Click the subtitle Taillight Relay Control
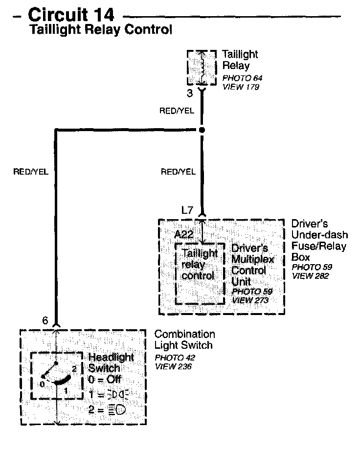tap(101, 30)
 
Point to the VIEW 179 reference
tap(240, 87)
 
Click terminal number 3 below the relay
tap(190, 92)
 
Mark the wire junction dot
tap(202, 130)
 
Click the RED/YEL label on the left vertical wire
tap(31, 172)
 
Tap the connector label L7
tap(187, 210)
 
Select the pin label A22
tap(184, 234)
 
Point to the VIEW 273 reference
tap(250, 300)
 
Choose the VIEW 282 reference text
tap(310, 276)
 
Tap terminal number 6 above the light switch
tap(45, 321)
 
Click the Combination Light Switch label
tap(184, 340)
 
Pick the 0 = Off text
tap(105, 380)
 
